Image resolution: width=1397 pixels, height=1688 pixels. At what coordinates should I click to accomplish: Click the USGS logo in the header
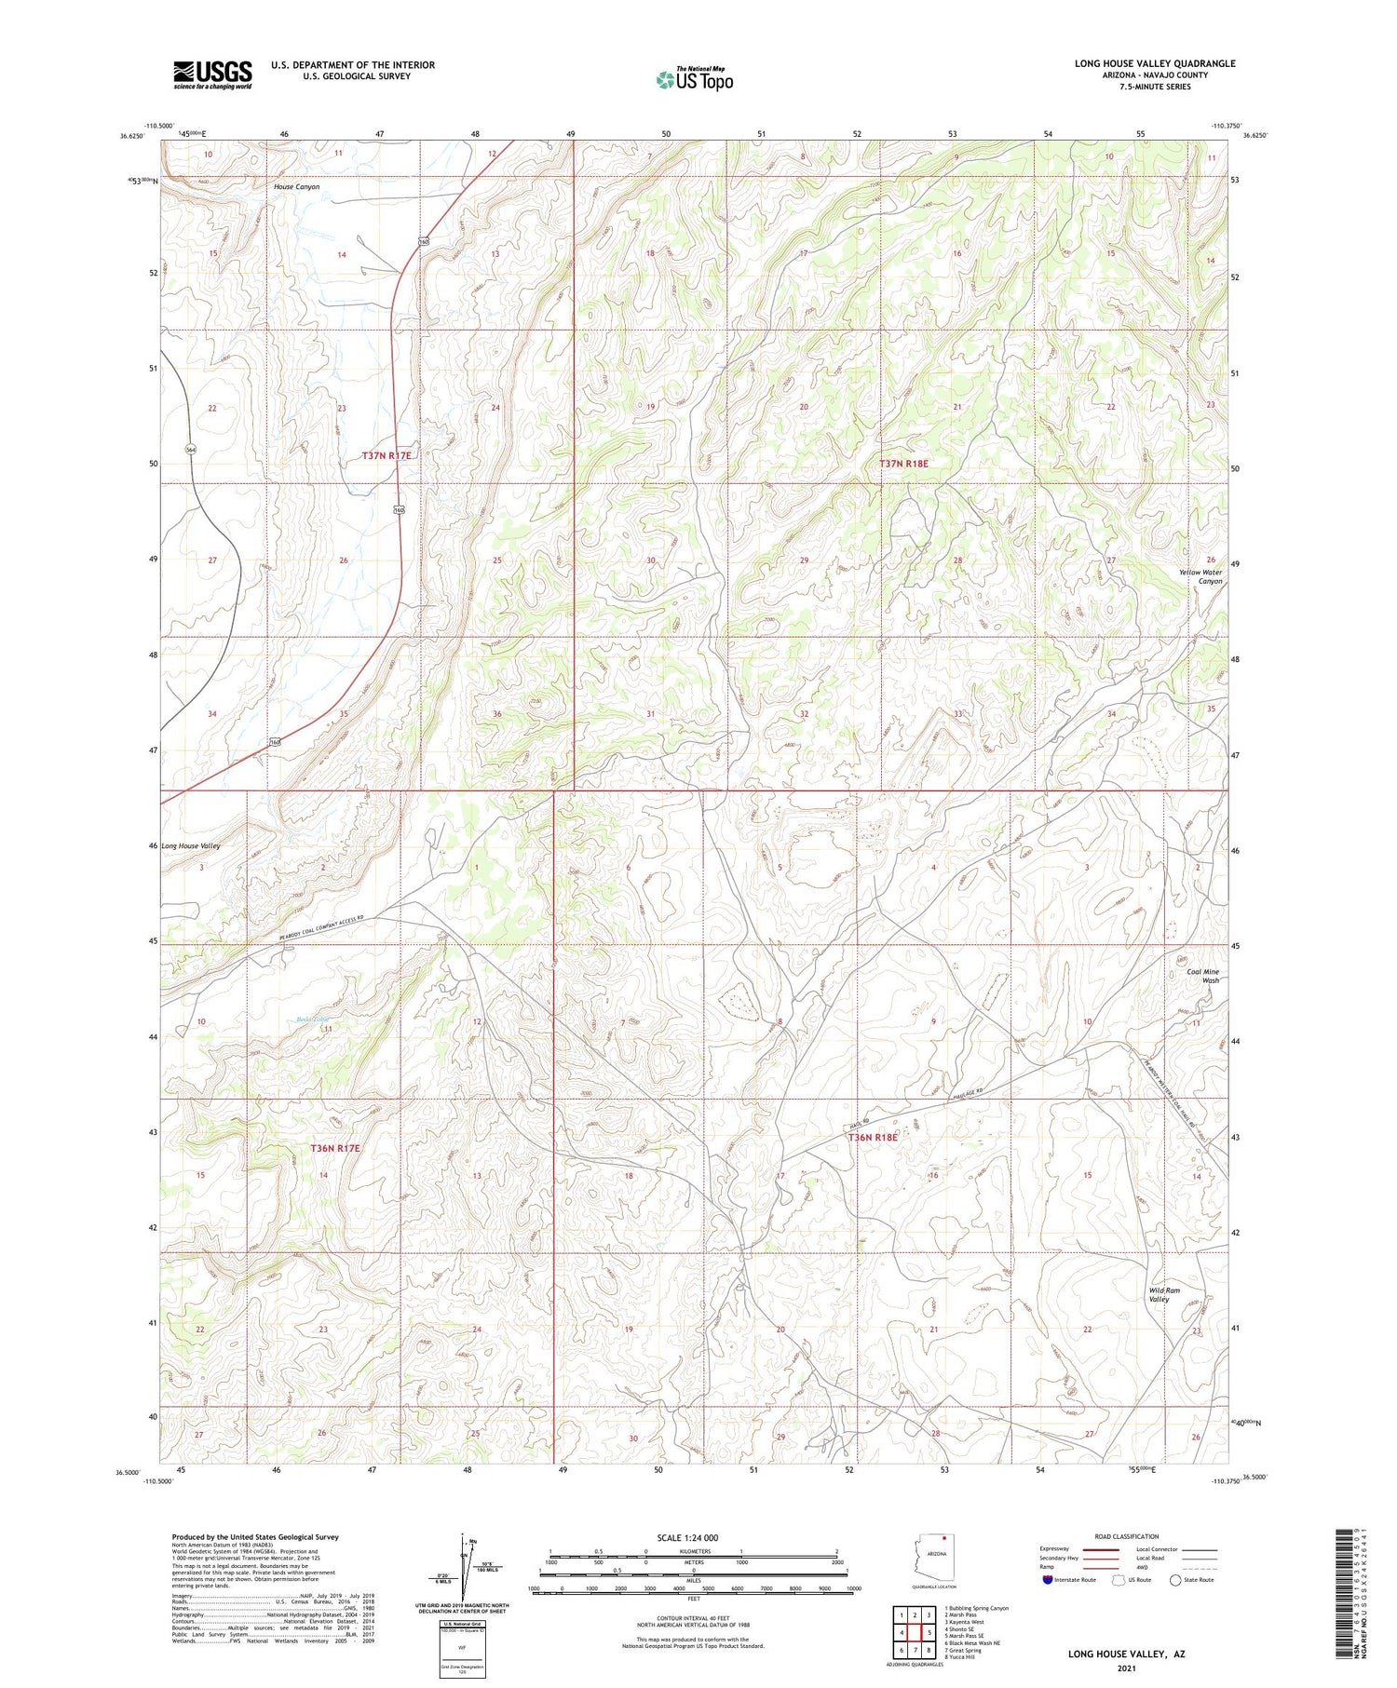click(212, 74)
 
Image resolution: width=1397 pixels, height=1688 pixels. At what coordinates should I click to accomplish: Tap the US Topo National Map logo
click(694, 79)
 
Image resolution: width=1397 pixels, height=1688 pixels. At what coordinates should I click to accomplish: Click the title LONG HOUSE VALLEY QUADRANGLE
click(1155, 63)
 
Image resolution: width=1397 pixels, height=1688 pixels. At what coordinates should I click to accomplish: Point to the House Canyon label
click(296, 187)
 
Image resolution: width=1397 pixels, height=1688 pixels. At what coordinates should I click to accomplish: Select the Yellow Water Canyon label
click(1200, 577)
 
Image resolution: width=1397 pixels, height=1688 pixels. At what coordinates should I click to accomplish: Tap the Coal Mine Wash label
click(1202, 976)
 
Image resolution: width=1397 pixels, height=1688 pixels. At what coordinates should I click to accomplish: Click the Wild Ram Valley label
click(1164, 1294)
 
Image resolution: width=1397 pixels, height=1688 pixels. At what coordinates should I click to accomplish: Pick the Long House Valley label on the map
click(191, 846)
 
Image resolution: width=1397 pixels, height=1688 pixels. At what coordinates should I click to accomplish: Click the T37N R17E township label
click(387, 455)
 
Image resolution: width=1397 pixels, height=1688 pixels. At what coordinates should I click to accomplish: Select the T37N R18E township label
click(903, 463)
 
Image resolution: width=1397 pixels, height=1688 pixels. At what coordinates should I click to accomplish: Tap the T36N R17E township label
click(334, 1149)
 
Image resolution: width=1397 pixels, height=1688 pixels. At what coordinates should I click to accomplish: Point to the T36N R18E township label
click(873, 1137)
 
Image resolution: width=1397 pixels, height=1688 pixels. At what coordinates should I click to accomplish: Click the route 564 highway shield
click(190, 449)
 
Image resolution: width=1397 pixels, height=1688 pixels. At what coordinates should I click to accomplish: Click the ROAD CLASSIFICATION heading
click(1127, 1536)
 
